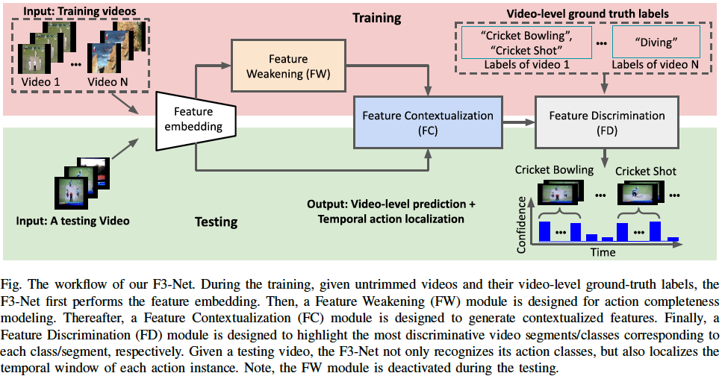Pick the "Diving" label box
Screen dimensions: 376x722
(655, 42)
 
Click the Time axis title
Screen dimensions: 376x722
(603, 251)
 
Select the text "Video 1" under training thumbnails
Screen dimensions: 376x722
(39, 81)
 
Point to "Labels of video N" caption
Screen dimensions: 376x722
(655, 66)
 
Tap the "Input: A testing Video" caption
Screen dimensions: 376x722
(73, 221)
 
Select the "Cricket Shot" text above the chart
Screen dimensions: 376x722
(646, 171)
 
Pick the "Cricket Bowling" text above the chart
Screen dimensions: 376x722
(554, 171)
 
